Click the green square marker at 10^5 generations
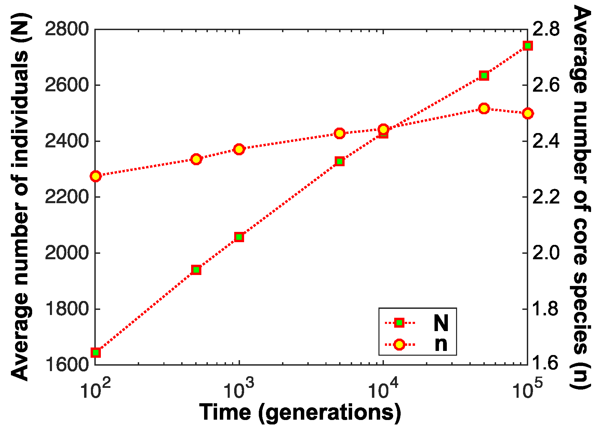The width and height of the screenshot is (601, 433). (527, 46)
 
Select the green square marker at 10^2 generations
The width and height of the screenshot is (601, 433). (96, 352)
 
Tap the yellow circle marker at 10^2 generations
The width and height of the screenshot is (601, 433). (96, 176)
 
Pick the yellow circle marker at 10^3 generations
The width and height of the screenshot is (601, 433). (239, 149)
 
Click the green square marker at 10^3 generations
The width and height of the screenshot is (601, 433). (239, 237)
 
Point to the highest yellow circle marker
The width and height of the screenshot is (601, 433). (484, 108)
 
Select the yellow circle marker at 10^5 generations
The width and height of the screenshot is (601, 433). (527, 113)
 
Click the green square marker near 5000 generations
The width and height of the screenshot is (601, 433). (339, 161)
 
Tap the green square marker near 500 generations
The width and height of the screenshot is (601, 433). (196, 270)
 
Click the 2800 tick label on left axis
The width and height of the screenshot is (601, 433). (67, 29)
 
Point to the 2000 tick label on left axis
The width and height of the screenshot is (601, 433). (67, 253)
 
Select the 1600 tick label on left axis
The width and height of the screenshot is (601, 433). (67, 365)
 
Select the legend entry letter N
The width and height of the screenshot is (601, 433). (441, 323)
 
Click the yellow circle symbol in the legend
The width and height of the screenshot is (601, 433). (399, 344)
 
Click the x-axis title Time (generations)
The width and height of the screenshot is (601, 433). (300, 412)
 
